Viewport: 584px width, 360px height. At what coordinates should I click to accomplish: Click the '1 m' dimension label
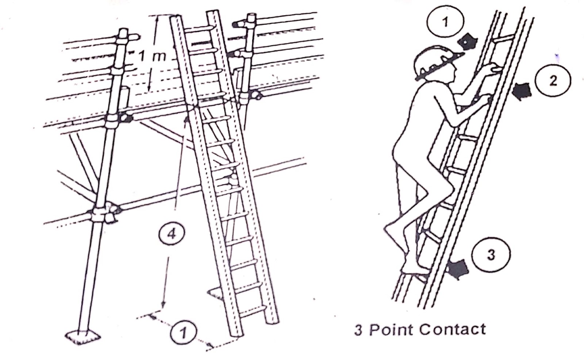(152, 56)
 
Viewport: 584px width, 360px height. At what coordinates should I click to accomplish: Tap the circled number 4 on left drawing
(171, 233)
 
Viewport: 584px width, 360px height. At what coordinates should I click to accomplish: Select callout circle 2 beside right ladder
(553, 80)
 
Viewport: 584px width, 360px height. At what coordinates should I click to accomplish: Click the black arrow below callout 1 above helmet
(467, 42)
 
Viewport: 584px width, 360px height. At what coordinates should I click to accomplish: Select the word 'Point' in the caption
(391, 329)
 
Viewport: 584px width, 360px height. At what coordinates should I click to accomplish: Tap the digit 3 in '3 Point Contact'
(359, 330)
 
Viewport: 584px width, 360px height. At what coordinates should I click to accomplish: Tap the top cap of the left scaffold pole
(124, 32)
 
